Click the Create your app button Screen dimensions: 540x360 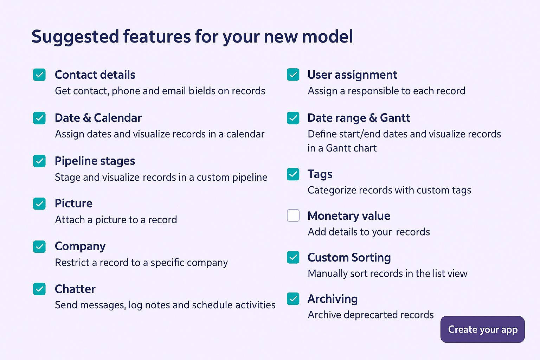point(482,329)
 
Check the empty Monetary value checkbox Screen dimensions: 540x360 point(293,215)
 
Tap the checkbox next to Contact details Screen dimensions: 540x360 point(39,75)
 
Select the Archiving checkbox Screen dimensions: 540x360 point(293,299)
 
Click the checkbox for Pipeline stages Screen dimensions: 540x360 point(39,161)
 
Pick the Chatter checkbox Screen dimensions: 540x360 point(39,289)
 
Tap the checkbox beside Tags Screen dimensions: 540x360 point(293,174)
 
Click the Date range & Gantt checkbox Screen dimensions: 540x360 point(293,118)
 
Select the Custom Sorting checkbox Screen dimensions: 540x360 point(293,257)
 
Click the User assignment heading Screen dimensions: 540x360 point(353,75)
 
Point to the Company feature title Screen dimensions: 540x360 point(80,246)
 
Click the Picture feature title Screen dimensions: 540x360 point(74,203)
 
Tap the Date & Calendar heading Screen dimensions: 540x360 point(98,118)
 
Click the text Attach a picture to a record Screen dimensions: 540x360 point(116,220)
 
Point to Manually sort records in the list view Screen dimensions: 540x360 point(388,274)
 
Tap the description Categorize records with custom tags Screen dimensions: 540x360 point(389,191)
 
